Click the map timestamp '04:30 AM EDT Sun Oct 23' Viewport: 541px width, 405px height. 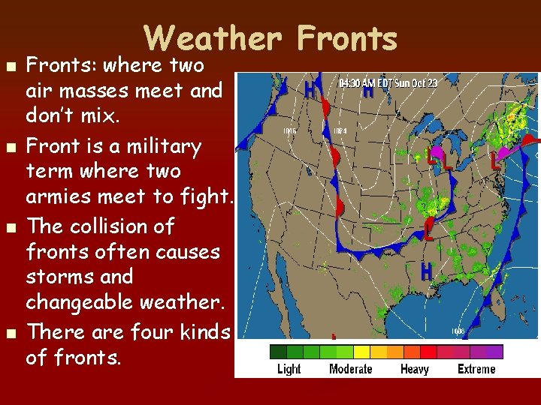click(387, 83)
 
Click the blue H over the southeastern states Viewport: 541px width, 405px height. click(426, 271)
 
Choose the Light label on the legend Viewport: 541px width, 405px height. click(289, 368)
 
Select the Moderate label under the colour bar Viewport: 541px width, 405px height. click(350, 368)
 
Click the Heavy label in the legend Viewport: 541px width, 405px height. click(414, 368)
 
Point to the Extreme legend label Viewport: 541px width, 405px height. click(476, 368)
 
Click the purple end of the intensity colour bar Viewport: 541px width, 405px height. click(494, 352)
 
